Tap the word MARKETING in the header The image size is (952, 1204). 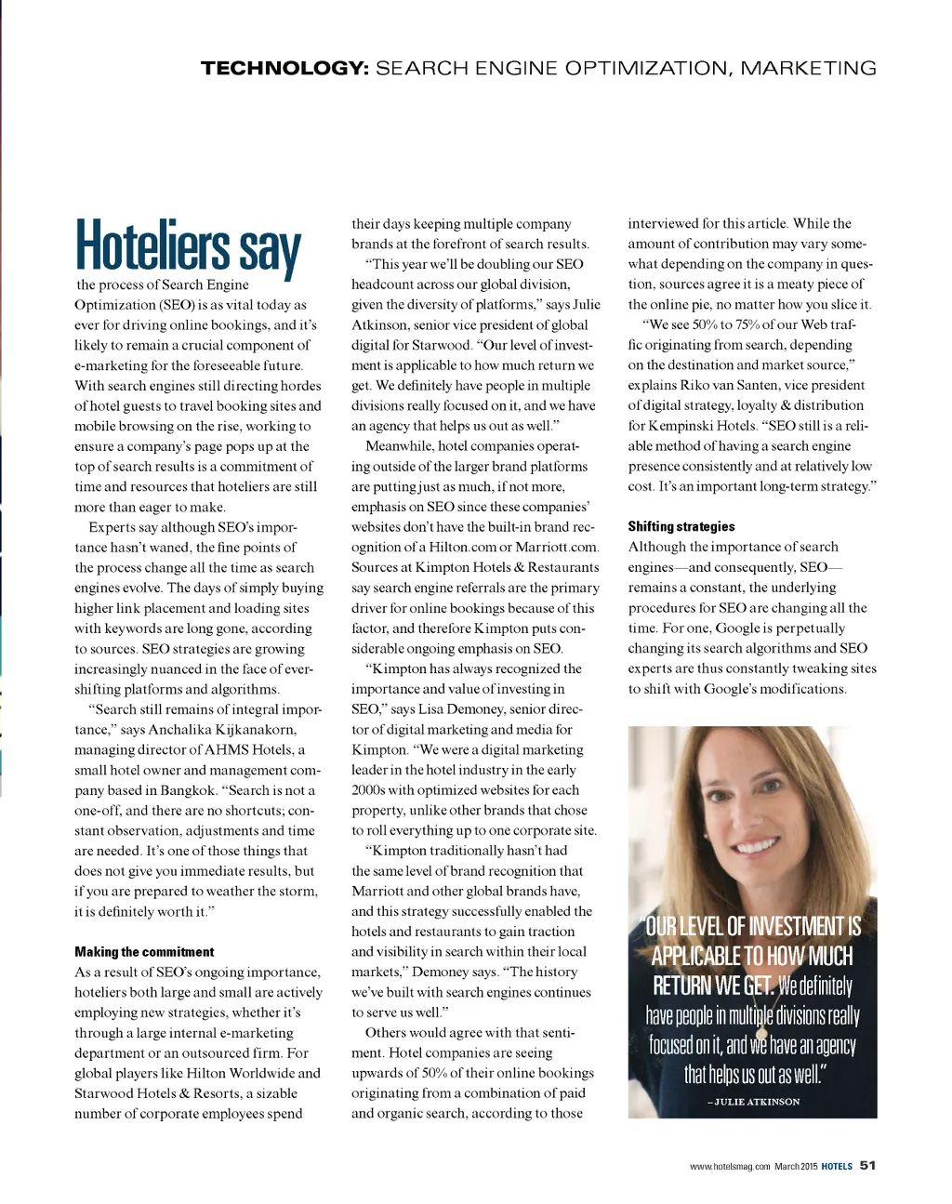[x=808, y=68]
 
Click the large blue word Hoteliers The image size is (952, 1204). [x=152, y=246]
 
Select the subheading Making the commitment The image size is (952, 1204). [x=144, y=952]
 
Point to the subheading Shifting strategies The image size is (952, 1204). [x=681, y=526]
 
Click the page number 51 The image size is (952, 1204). [x=868, y=1165]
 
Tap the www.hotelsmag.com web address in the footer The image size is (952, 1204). [x=730, y=1166]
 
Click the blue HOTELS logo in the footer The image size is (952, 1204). [x=837, y=1166]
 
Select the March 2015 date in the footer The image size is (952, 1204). [x=796, y=1166]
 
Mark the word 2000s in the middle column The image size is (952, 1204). [x=370, y=790]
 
